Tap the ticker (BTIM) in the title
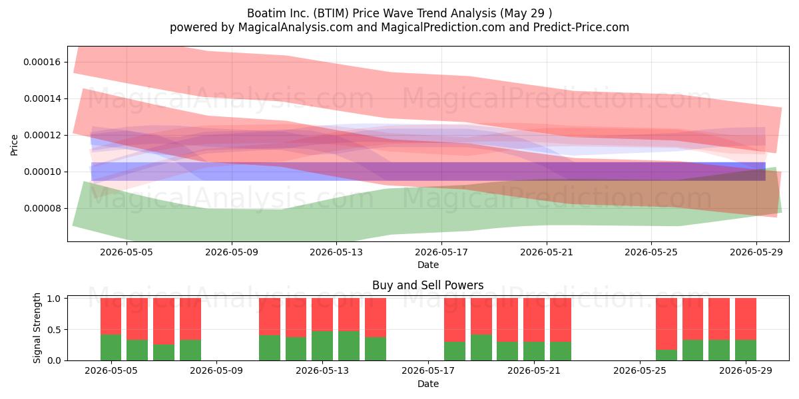(331, 13)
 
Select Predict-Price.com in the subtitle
(581, 27)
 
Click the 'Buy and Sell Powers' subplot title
(427, 285)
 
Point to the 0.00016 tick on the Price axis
(42, 62)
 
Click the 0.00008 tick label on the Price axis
(42, 208)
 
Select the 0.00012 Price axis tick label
(42, 135)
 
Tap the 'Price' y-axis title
(14, 145)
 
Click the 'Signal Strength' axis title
(37, 328)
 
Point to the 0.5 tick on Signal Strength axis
(54, 330)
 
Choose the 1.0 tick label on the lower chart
(54, 299)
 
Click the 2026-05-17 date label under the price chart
(441, 252)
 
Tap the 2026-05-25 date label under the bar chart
(640, 370)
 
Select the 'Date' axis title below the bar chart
(428, 384)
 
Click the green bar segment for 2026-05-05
(111, 347)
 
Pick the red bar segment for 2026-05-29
(746, 319)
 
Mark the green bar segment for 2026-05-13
(322, 346)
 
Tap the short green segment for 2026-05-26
(666, 355)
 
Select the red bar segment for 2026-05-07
(164, 321)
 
